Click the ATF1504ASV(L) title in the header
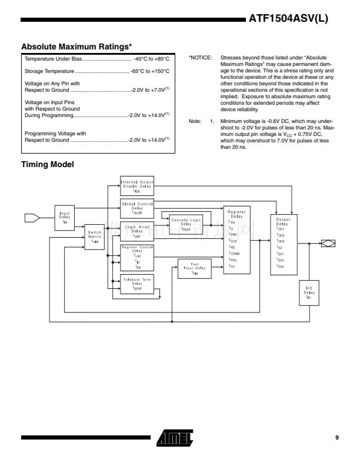pos(288,19)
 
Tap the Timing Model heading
pos(47,164)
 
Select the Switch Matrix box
pos(95,236)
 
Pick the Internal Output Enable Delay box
pos(136,186)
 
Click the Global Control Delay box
pos(136,208)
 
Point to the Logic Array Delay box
pos(136,231)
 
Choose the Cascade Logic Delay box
pos(186,224)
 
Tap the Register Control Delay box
pos(136,257)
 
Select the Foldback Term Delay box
pos(136,284)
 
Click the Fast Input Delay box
pos(195,268)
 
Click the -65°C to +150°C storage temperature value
pos(149,71)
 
